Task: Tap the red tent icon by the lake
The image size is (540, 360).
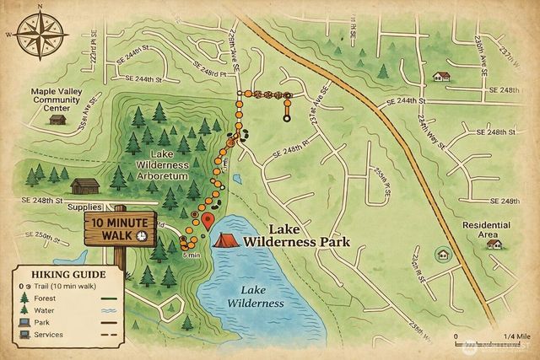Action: pyautogui.click(x=224, y=240)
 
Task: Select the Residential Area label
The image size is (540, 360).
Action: pyautogui.click(x=486, y=229)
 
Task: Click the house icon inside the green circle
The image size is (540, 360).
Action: pyautogui.click(x=441, y=254)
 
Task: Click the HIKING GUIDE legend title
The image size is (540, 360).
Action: pyautogui.click(x=67, y=274)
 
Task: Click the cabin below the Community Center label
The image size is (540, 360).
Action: pyautogui.click(x=57, y=119)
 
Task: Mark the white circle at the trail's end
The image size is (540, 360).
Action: pyautogui.click(x=287, y=119)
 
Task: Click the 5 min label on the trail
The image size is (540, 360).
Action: pyautogui.click(x=191, y=255)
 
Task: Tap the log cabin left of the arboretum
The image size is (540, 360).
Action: pyautogui.click(x=84, y=185)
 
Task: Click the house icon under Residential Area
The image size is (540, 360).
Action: pyautogui.click(x=494, y=244)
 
